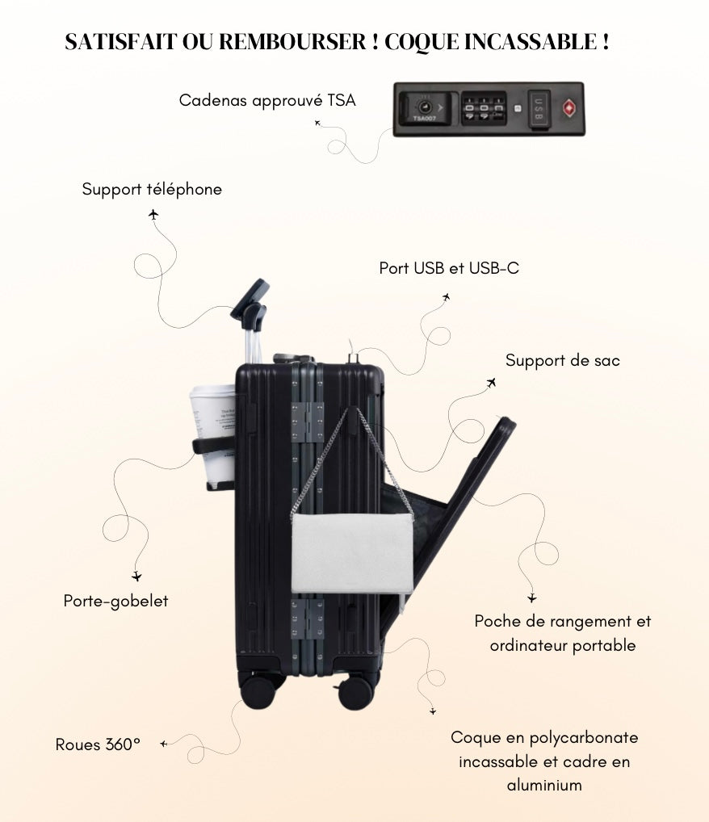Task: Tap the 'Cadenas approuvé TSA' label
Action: tap(266, 100)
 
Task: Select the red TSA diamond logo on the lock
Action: tap(569, 108)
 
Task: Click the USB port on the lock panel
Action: tap(539, 108)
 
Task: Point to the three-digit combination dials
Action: tap(484, 108)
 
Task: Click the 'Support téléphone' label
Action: tap(152, 189)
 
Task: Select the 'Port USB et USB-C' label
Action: tap(449, 268)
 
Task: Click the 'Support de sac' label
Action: tap(563, 360)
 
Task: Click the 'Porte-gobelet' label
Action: tap(116, 601)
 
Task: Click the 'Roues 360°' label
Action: tap(98, 744)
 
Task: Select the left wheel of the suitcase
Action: tap(258, 691)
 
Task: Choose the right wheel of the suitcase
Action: tap(355, 692)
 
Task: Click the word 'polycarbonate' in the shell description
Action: tap(591, 737)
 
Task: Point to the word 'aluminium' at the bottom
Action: tap(544, 785)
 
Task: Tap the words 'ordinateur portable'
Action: tap(563, 645)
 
